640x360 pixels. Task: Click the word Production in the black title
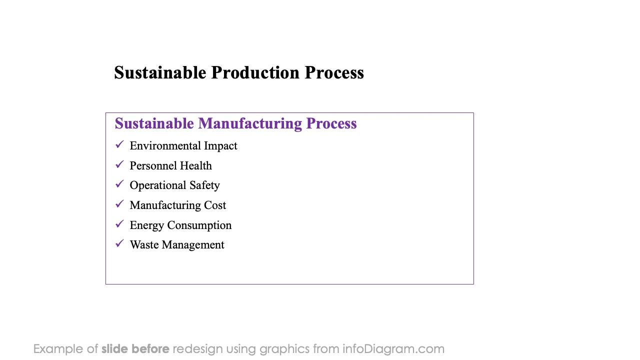[x=255, y=72]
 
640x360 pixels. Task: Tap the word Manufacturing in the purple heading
[x=250, y=124]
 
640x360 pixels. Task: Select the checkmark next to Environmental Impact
[x=119, y=144]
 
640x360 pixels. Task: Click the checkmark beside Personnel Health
[x=119, y=164]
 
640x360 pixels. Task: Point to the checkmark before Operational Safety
[x=119, y=184]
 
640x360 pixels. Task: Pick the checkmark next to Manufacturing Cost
[x=119, y=204]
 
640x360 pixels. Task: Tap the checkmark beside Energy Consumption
[x=119, y=223]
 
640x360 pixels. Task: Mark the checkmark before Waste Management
[x=119, y=243]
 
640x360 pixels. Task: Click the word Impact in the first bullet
[x=220, y=146]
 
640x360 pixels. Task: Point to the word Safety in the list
[x=205, y=185]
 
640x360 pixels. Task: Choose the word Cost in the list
[x=215, y=205]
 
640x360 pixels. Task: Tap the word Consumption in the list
[x=199, y=225]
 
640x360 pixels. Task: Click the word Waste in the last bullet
[x=144, y=245]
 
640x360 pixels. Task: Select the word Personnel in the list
[x=153, y=165]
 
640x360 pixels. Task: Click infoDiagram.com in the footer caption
[x=393, y=349]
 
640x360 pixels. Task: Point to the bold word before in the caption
[x=150, y=349]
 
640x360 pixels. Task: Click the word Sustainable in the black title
[x=160, y=72]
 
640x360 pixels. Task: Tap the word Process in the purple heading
[x=331, y=124]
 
